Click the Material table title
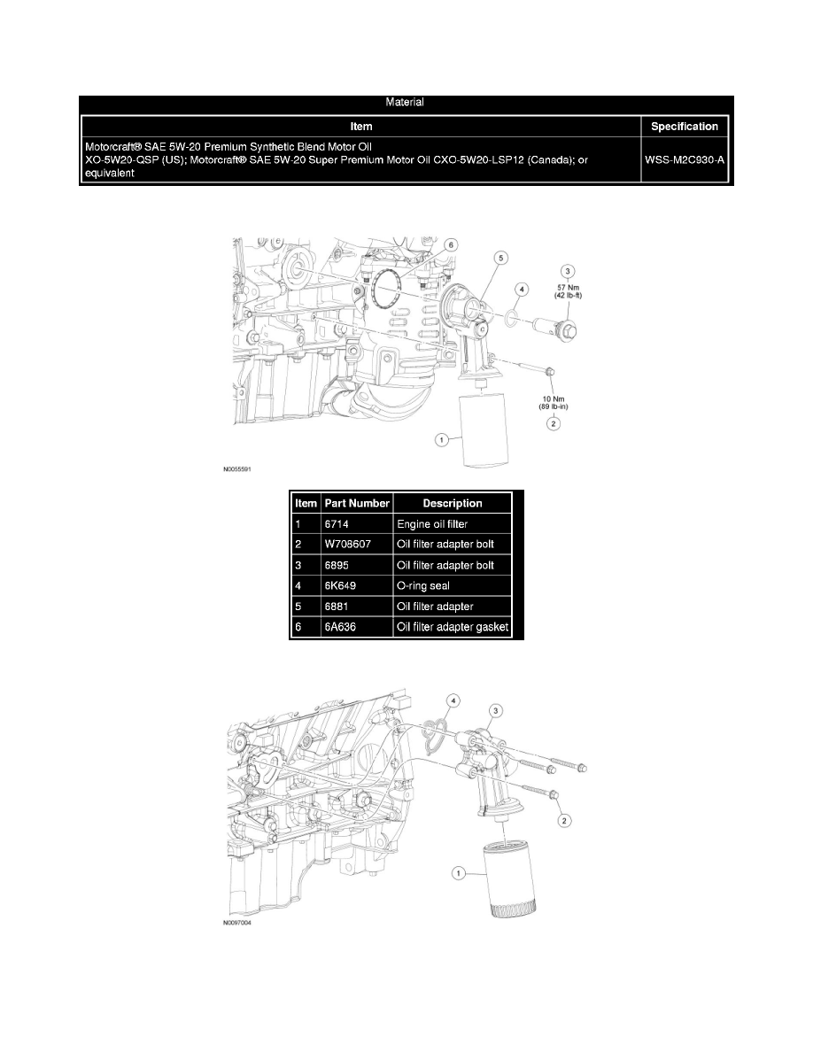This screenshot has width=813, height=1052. (x=406, y=103)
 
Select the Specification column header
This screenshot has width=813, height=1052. (x=684, y=127)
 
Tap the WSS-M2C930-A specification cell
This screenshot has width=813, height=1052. (x=684, y=160)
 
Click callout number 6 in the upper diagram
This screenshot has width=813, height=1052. (x=450, y=244)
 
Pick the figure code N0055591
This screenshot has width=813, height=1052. (x=242, y=472)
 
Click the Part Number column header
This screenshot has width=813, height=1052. (x=358, y=503)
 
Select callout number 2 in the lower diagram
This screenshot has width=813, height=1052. (x=564, y=821)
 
